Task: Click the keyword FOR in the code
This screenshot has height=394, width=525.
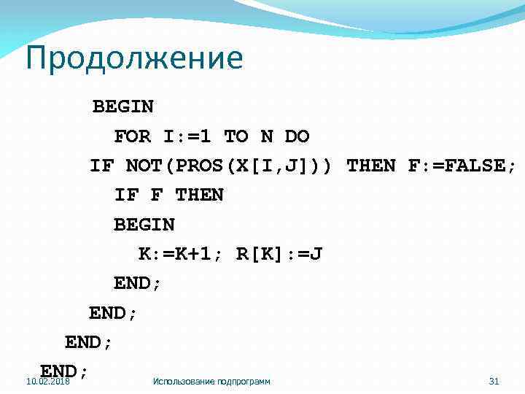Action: (x=132, y=136)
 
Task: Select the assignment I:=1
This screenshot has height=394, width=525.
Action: (x=187, y=136)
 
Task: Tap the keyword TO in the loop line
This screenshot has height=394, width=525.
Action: (x=236, y=136)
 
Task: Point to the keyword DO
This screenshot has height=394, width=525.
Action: (x=297, y=136)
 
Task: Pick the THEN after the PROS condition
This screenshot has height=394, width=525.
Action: (x=371, y=166)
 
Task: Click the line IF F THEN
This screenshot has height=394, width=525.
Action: (x=168, y=196)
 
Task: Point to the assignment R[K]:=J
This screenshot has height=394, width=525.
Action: (x=279, y=255)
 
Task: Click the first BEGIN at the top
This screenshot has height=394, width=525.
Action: (x=122, y=107)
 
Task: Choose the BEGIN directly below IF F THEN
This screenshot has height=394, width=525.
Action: (x=144, y=225)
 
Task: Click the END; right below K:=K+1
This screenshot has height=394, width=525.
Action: (x=138, y=284)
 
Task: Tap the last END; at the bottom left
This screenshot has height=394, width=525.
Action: (x=64, y=371)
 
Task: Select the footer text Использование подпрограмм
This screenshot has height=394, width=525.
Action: (x=211, y=382)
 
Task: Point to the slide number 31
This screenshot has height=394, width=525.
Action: (x=494, y=382)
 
